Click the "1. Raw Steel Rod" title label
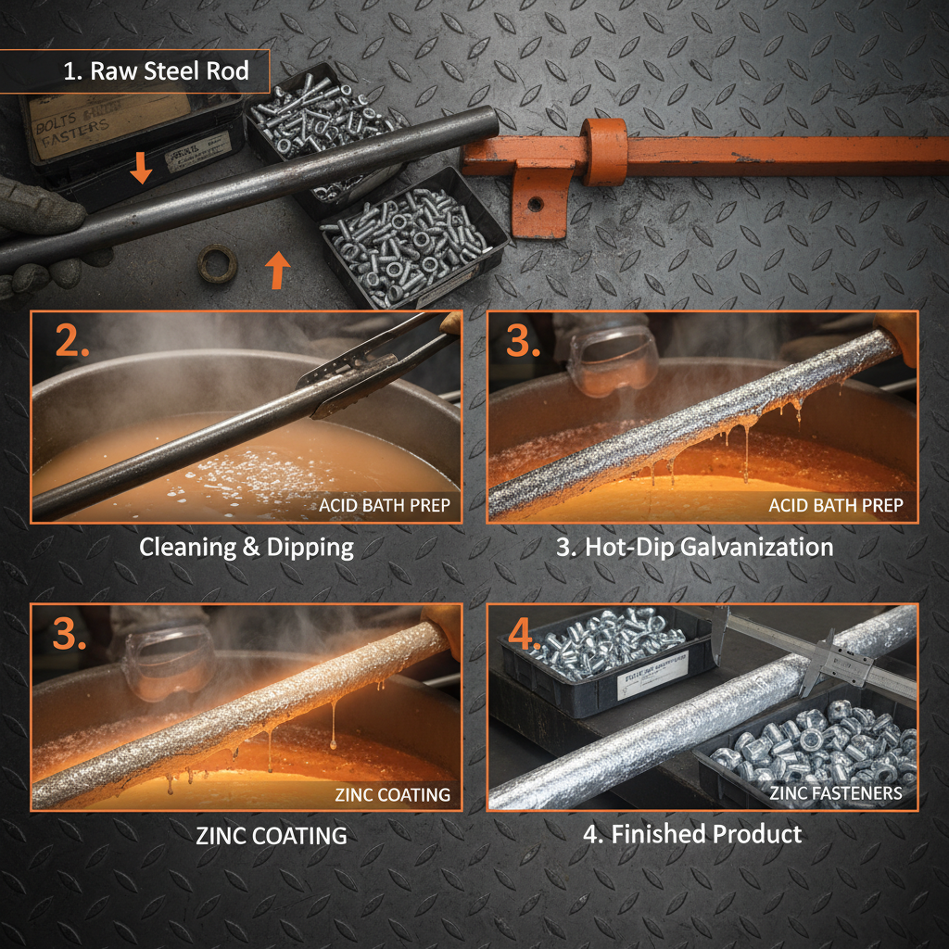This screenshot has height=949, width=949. pos(155,71)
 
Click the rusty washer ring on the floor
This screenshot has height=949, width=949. pos(218,263)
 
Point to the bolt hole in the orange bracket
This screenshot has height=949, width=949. pos(535,203)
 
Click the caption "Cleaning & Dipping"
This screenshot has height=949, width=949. pos(247,547)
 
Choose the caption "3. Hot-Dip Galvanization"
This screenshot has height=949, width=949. pos(694,547)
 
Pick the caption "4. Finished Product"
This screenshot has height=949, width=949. pos(692,834)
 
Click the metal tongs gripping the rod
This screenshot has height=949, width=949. pos(371,371)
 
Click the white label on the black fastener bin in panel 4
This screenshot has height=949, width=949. pos(652,666)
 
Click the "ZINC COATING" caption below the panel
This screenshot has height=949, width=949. pos(272,835)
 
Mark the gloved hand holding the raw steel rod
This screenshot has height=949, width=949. pos(37,232)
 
